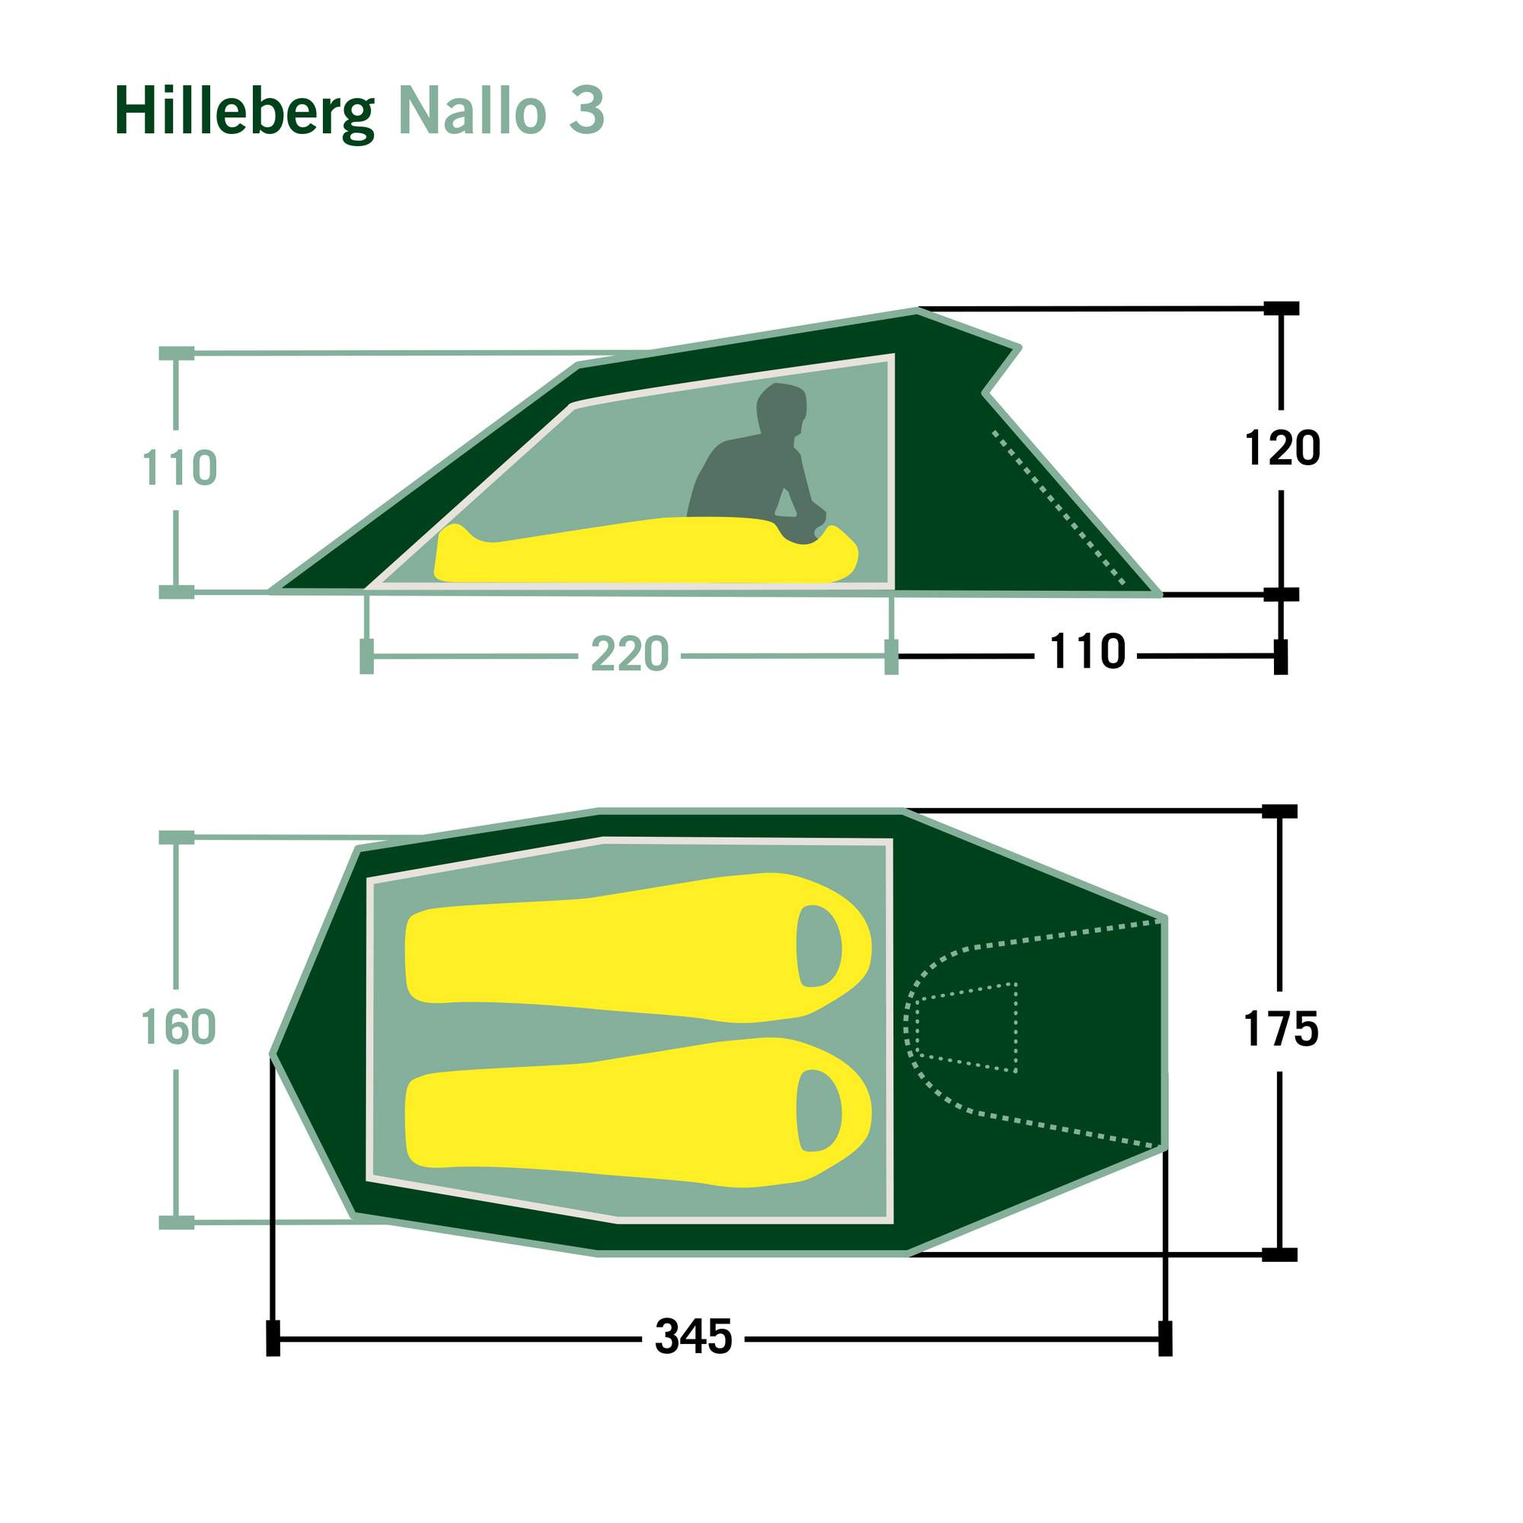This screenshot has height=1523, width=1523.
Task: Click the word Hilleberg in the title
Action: [x=244, y=112]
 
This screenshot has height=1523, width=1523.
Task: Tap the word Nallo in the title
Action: [x=472, y=110]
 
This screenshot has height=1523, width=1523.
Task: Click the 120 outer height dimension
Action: [x=1282, y=448]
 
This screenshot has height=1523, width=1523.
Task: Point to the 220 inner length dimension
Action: [x=629, y=653]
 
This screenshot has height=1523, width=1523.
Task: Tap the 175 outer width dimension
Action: [x=1281, y=1030]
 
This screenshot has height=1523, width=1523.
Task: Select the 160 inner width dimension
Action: [x=178, y=1027]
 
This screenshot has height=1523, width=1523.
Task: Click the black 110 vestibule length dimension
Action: [x=1088, y=652]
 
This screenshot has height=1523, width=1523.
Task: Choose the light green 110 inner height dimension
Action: [x=180, y=468]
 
